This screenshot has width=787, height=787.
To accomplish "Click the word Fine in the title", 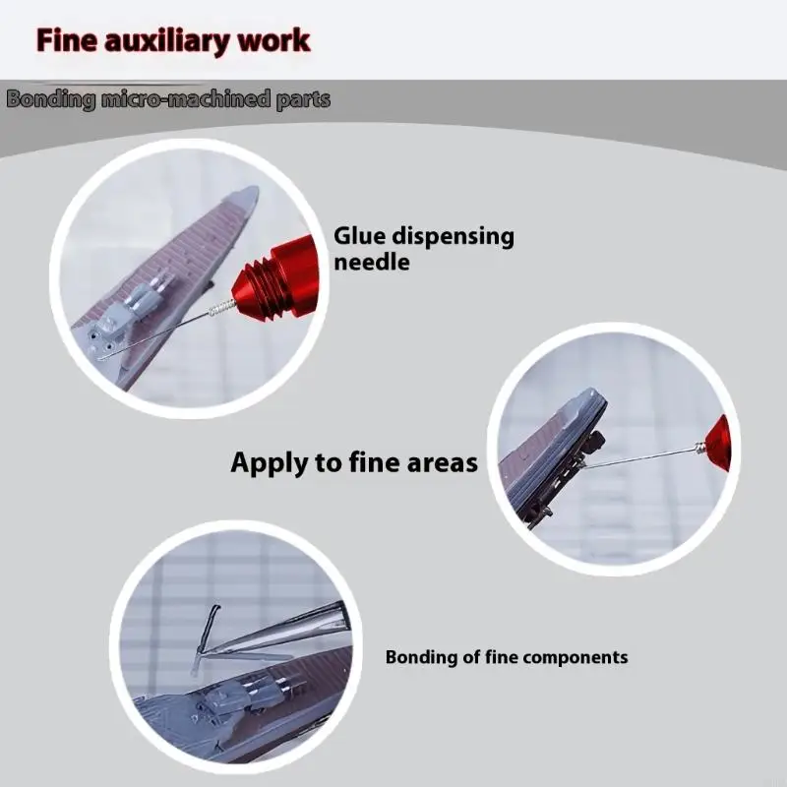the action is pyautogui.click(x=67, y=40).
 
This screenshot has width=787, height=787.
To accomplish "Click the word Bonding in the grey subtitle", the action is pyautogui.click(x=51, y=100).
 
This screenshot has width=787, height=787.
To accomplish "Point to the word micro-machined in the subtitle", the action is pyautogui.click(x=186, y=99).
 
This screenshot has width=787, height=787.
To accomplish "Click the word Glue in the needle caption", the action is pyautogui.click(x=359, y=236).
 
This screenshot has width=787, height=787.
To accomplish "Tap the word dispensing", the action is pyautogui.click(x=454, y=238).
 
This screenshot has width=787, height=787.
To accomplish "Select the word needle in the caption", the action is pyautogui.click(x=372, y=263).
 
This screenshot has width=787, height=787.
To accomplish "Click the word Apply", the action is pyautogui.click(x=269, y=463).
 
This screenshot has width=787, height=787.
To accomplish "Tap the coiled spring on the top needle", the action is pyautogui.click(x=221, y=308).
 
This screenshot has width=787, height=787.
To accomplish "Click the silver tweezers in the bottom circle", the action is pyautogui.click(x=281, y=632).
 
